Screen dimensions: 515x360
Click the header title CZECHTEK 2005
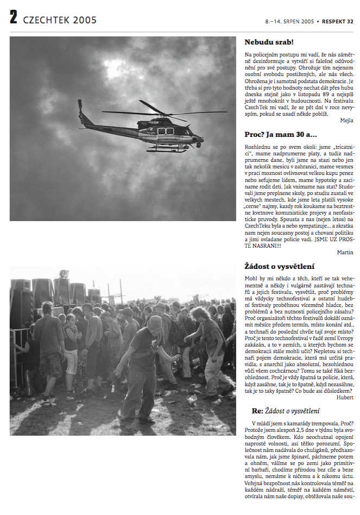coord(60,20)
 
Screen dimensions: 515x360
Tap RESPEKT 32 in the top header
coord(338,22)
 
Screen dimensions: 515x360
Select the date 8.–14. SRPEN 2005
coord(290,22)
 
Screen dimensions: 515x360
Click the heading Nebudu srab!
coord(269,42)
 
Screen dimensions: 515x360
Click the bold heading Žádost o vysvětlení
coord(279,266)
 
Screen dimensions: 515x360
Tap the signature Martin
coord(345,252)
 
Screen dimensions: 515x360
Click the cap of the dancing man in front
coord(155,322)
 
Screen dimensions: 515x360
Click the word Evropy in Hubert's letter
coord(342,338)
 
